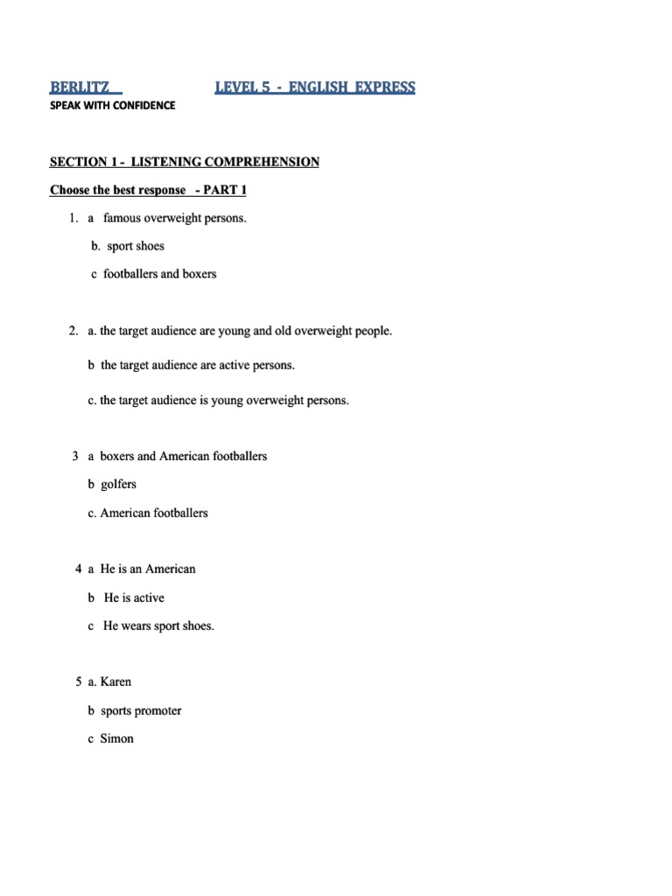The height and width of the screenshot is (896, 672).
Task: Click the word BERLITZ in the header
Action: [x=80, y=87]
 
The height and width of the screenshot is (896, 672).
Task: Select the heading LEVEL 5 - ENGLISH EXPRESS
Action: [x=315, y=87]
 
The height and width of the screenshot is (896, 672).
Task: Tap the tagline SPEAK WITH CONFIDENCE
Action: [x=112, y=106]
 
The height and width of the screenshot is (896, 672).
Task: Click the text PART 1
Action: [x=227, y=190]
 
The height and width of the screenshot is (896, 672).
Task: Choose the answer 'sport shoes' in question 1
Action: [x=136, y=246]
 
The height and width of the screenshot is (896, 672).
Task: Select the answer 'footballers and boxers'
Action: [x=159, y=274]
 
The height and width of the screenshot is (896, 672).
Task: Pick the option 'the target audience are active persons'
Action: [x=197, y=365]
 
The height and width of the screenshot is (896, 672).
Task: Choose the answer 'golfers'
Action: [x=118, y=484]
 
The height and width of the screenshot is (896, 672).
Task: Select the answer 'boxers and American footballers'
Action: [x=183, y=456]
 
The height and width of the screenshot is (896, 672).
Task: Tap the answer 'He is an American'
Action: [x=148, y=569]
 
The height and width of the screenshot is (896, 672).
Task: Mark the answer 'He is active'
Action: [x=134, y=598]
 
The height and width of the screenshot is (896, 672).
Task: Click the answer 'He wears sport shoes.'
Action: [x=158, y=626]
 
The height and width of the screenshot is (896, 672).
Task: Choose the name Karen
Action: [x=115, y=682]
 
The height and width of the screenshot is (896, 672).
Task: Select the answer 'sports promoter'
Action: [x=141, y=710]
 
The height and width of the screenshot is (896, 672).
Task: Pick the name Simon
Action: [x=117, y=738]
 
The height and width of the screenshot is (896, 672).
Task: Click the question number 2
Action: [x=73, y=332]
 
